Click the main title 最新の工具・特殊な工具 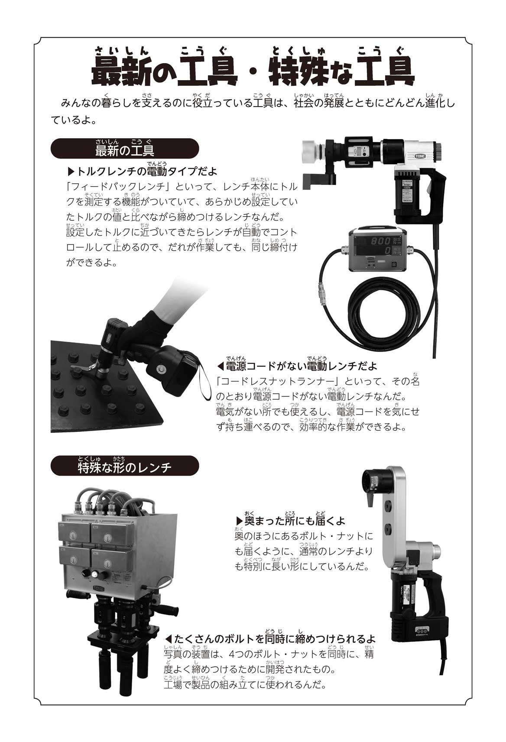point(253,71)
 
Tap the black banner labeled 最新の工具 point(125,149)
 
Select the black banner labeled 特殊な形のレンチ point(125,465)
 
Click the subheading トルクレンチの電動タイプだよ point(143,172)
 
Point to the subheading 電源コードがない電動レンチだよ point(297,366)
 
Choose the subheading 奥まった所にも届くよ point(290,521)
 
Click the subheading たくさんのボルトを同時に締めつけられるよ point(270,638)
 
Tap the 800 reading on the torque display point(380,241)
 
